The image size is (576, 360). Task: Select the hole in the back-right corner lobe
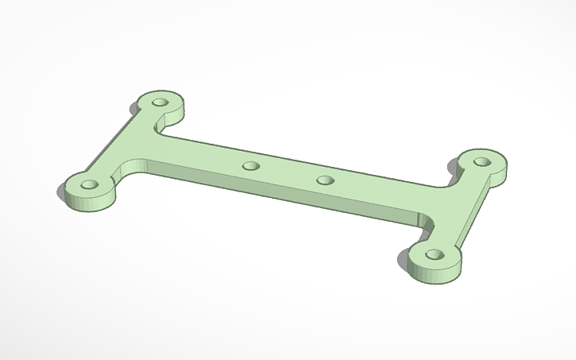(x=481, y=161)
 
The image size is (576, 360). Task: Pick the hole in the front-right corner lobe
(x=434, y=255)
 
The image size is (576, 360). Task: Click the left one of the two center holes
(x=251, y=166)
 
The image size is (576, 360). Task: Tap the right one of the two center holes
(x=324, y=180)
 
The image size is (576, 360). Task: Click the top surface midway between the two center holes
(x=288, y=172)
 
